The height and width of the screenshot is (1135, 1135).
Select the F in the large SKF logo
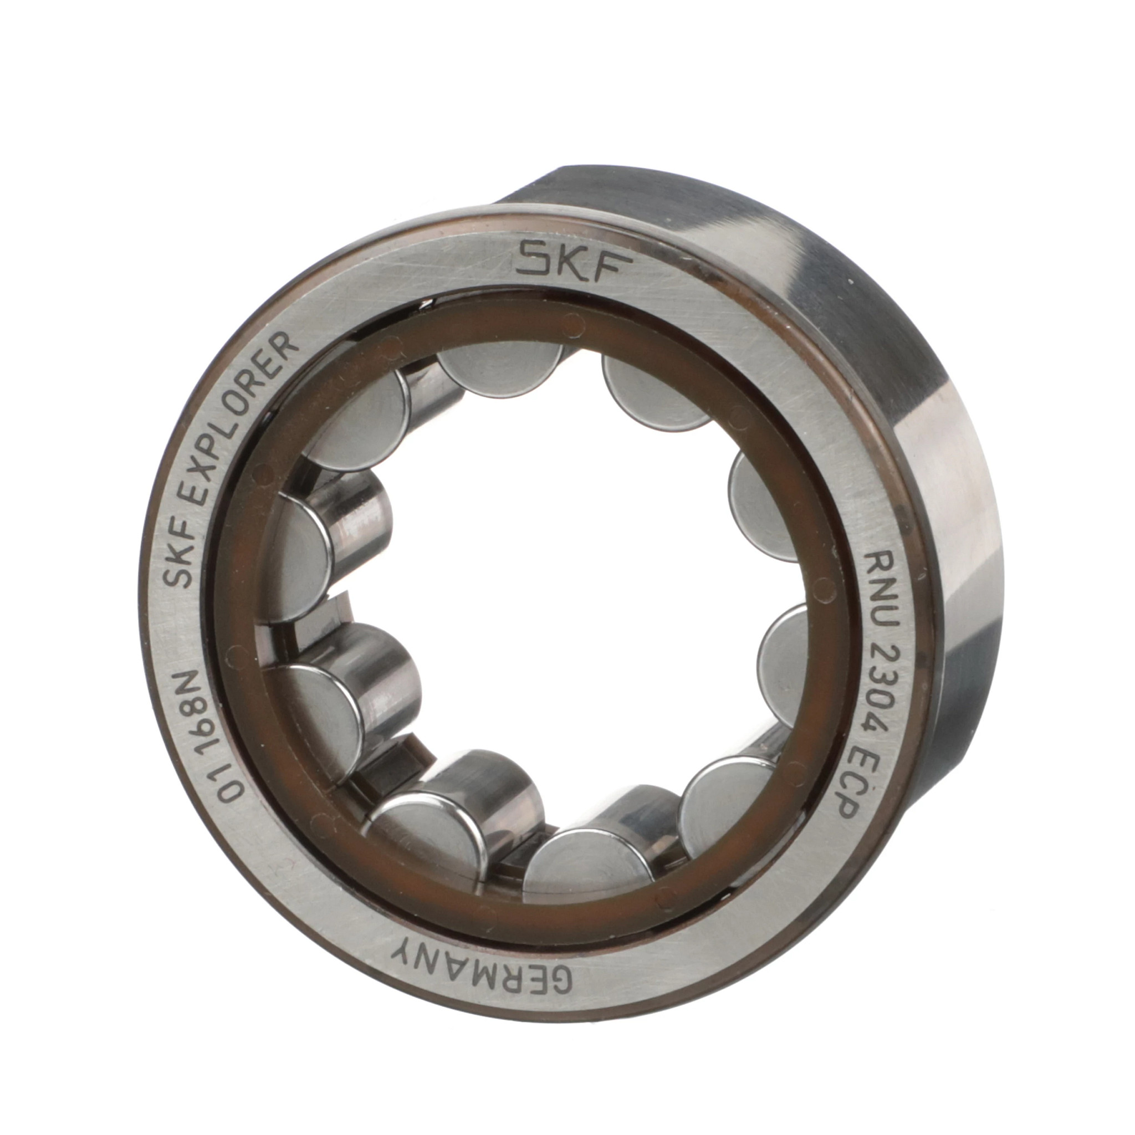tap(606, 269)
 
